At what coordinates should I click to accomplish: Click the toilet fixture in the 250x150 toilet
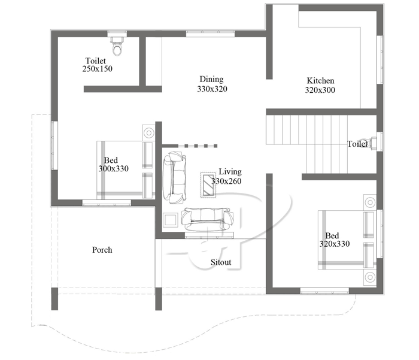pos(117,47)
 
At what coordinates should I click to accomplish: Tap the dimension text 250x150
pos(98,69)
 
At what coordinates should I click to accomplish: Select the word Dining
pos(211,79)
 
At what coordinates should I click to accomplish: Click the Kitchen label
pos(320,81)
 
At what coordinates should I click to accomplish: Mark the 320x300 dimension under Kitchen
pos(320,90)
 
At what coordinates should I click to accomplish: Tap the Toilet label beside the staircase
pos(357,144)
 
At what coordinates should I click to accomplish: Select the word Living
pos(230,171)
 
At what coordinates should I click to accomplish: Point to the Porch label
pos(102,250)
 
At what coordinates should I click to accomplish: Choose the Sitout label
pos(220,262)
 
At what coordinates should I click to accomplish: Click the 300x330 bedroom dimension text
pos(114,170)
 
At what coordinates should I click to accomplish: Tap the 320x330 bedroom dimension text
pos(335,244)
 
